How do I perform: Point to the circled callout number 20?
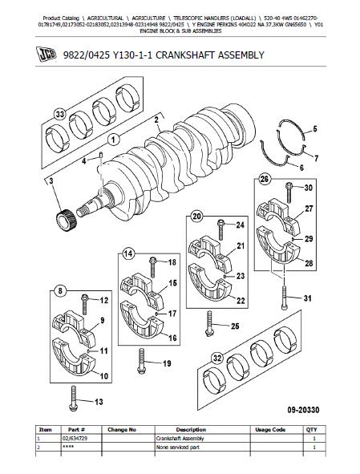197,216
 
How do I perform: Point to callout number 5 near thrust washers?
313,129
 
